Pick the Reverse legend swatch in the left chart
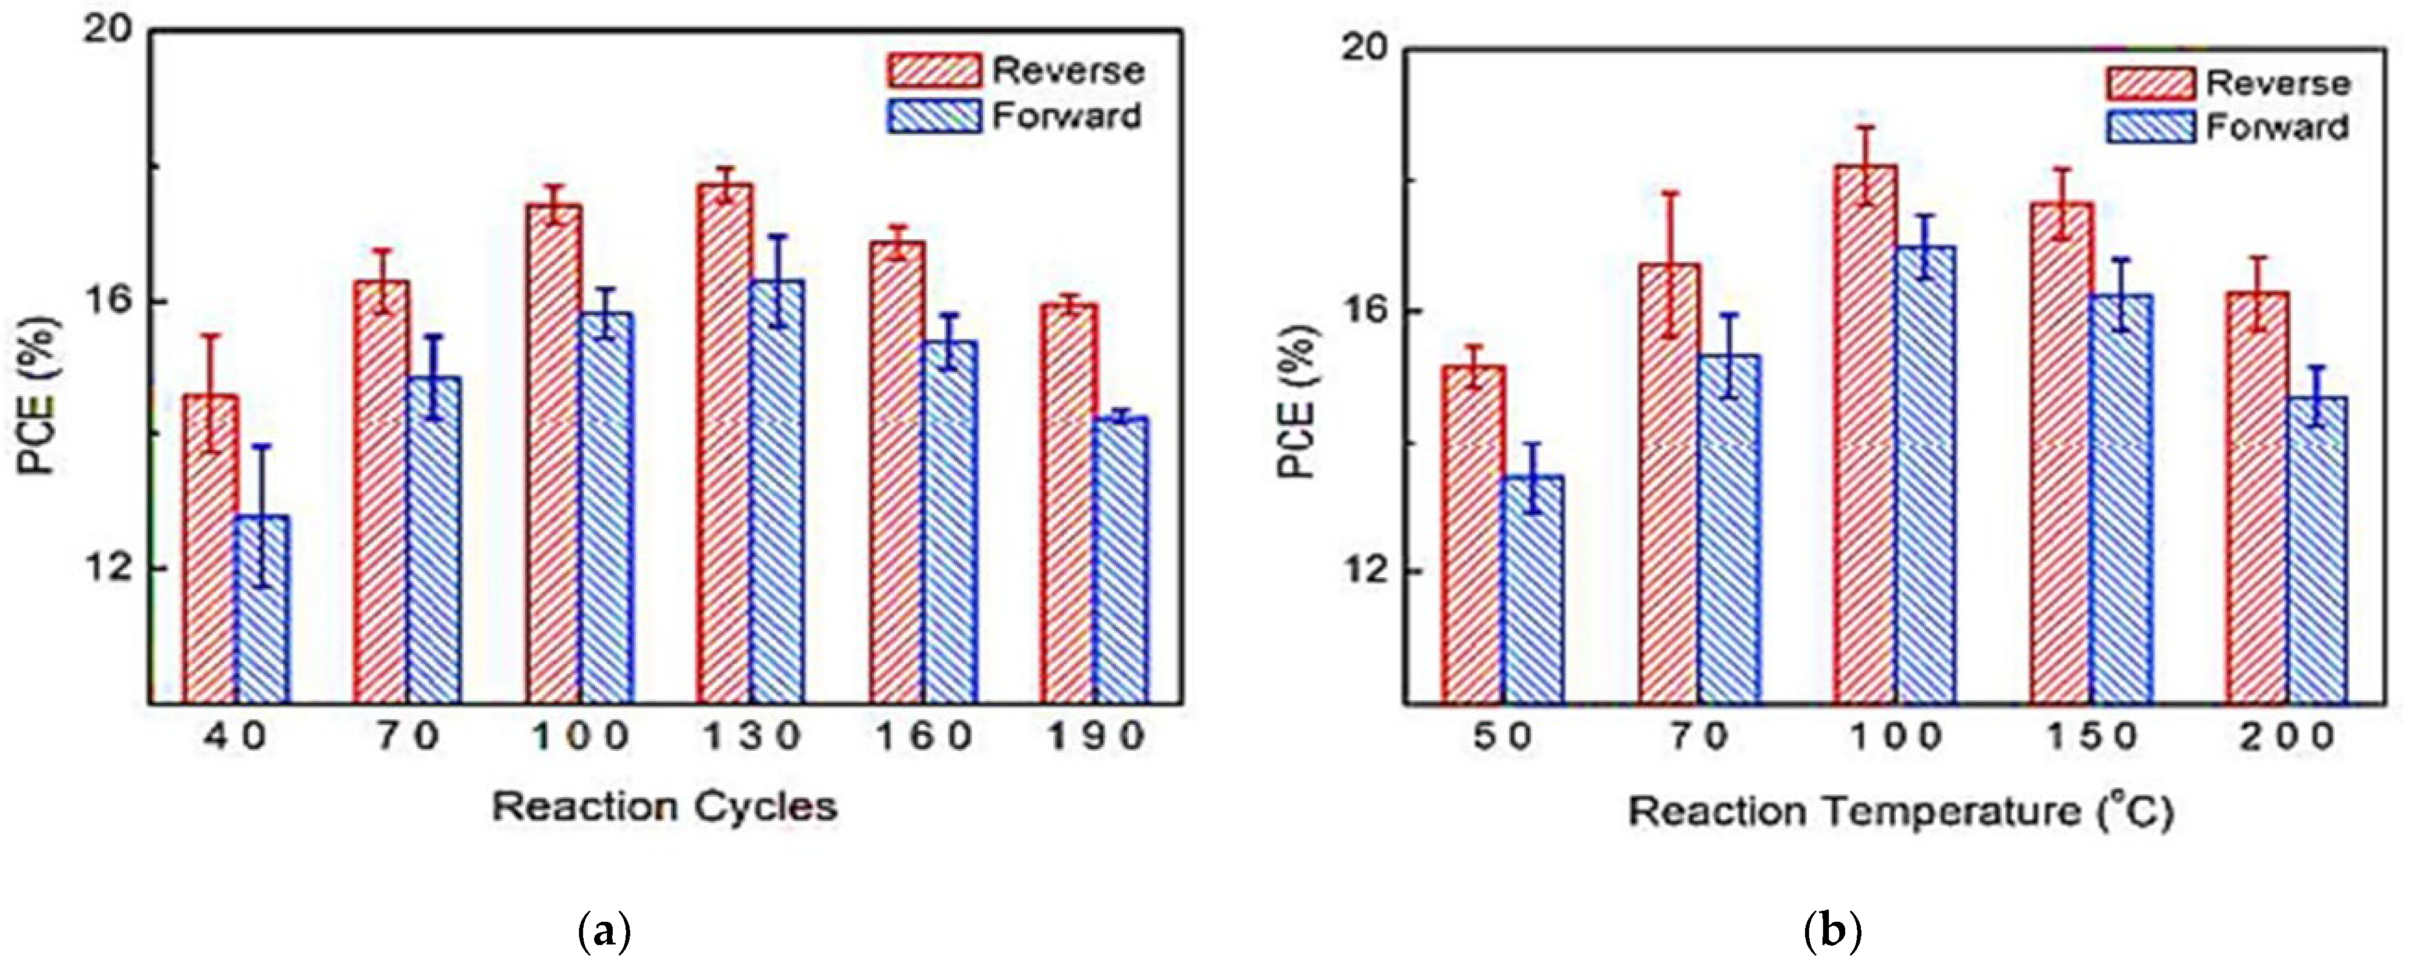[x=933, y=70]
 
